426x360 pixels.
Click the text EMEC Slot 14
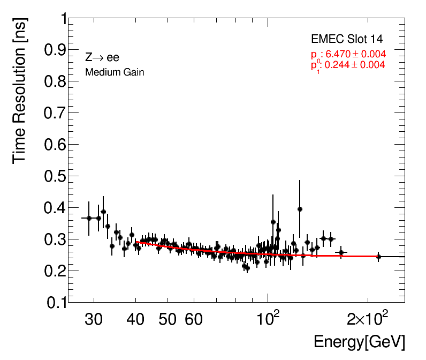[x=347, y=39]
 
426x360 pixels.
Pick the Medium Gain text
[x=115, y=72]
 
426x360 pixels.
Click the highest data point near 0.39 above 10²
[x=300, y=209]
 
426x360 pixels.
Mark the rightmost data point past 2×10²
[x=378, y=257]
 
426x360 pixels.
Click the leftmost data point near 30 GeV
[x=89, y=218]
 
